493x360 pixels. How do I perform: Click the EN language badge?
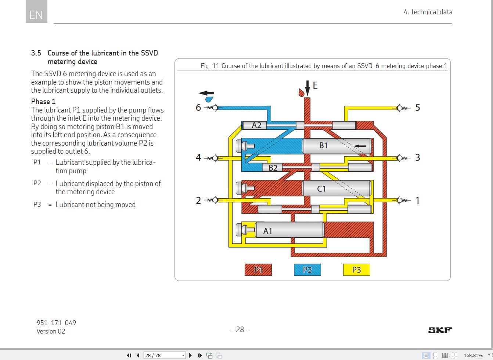click(x=36, y=15)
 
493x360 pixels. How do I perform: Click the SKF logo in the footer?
click(x=440, y=330)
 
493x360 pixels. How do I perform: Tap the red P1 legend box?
click(x=258, y=270)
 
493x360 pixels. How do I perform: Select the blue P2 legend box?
click(x=307, y=270)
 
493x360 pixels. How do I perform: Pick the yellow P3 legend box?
click(x=356, y=270)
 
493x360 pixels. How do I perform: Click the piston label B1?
click(x=323, y=146)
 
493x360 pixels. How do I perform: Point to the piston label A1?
click(x=268, y=231)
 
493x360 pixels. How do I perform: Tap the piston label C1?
click(x=321, y=189)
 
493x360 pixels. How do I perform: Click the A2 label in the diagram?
click(x=256, y=125)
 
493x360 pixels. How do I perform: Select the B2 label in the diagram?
click(x=273, y=168)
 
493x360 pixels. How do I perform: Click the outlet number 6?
click(x=198, y=107)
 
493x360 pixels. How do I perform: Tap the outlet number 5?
click(x=417, y=107)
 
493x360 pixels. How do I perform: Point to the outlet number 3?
click(x=417, y=157)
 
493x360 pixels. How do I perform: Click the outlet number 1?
click(x=417, y=200)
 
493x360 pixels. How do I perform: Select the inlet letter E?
click(x=315, y=86)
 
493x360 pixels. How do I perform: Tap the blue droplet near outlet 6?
click(x=209, y=99)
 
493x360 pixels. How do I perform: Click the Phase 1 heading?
click(x=43, y=101)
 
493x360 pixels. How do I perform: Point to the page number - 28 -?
click(x=240, y=329)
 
